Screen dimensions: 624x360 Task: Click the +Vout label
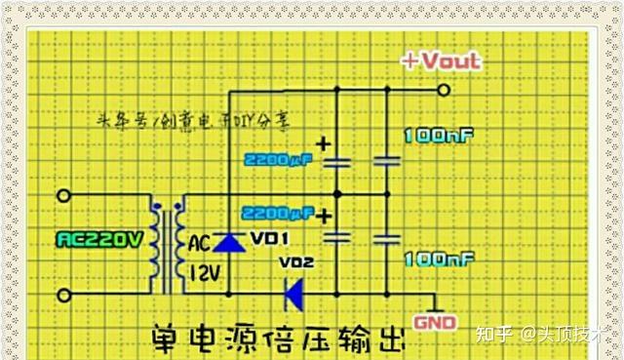442,61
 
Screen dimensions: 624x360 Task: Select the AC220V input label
97,239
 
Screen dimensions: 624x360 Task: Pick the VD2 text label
297,262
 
